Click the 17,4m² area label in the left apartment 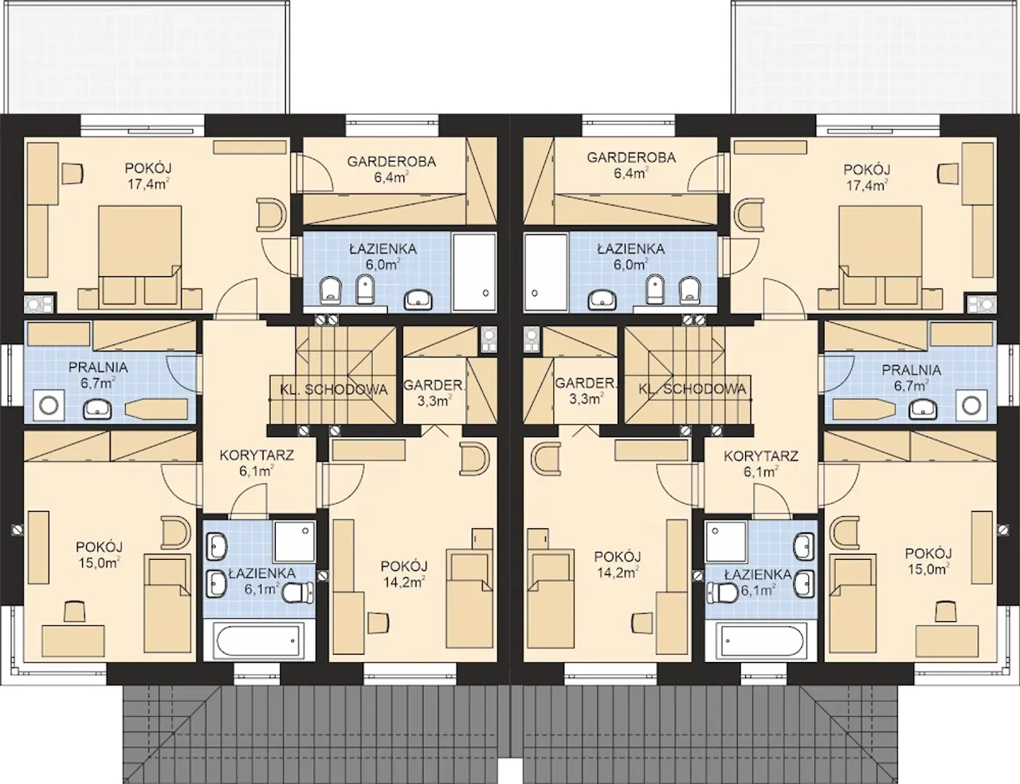coord(148,183)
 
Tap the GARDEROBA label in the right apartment coord(631,157)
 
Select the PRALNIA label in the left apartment coord(98,367)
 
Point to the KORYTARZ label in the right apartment coord(761,455)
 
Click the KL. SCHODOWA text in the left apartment coord(334,389)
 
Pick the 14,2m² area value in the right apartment coord(618,572)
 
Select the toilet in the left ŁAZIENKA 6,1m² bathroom coord(299,592)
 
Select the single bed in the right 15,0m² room coord(853,603)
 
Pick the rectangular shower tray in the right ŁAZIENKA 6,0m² coord(547,273)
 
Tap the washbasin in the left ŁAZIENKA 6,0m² coord(418,298)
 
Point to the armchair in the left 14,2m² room coord(475,455)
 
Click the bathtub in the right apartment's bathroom coord(761,640)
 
